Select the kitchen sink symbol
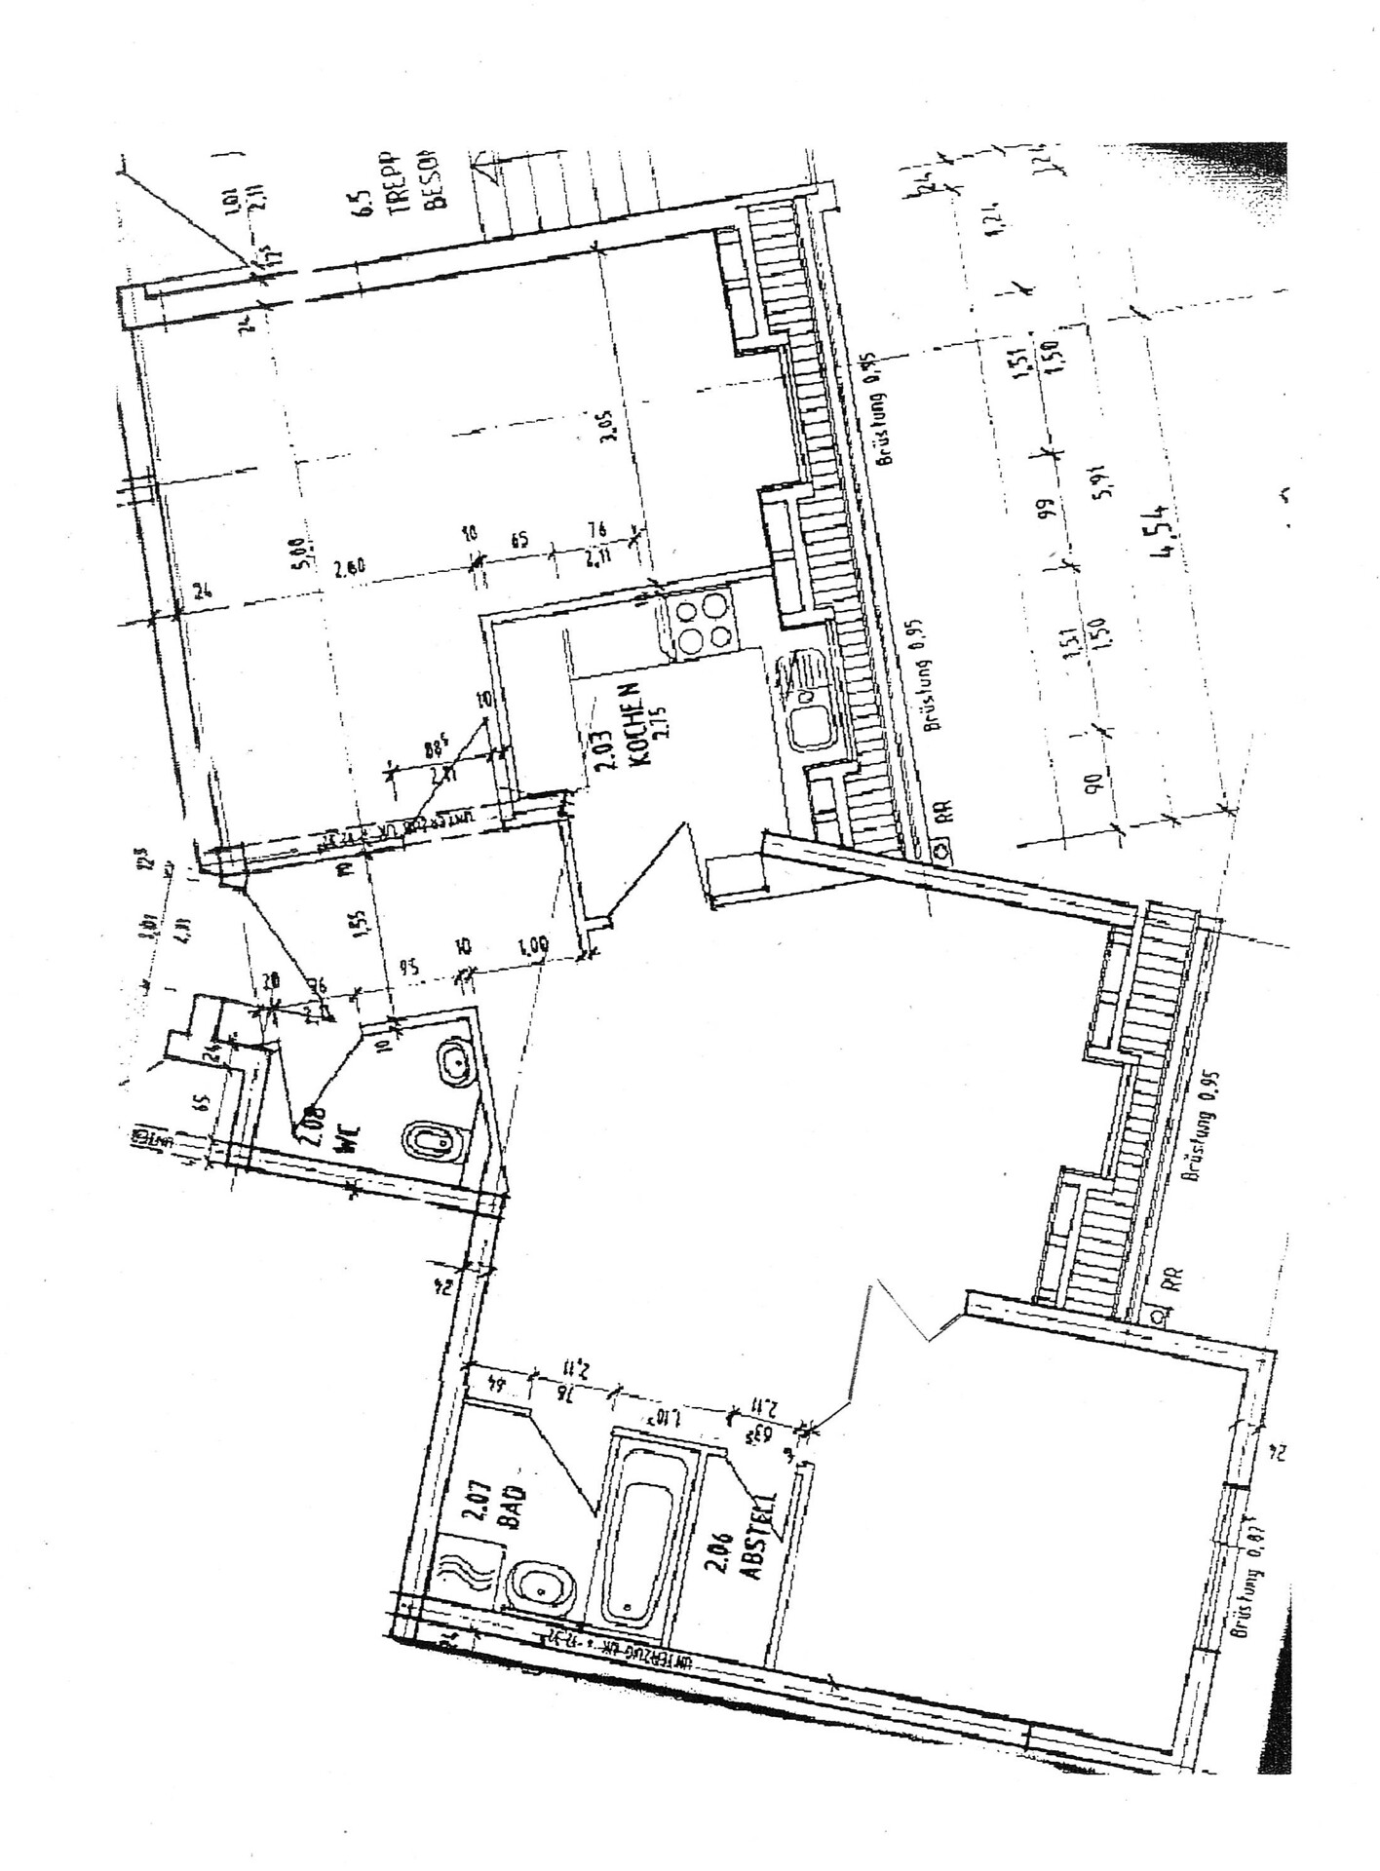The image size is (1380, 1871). tap(806, 703)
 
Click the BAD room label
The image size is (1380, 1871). tap(514, 1508)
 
